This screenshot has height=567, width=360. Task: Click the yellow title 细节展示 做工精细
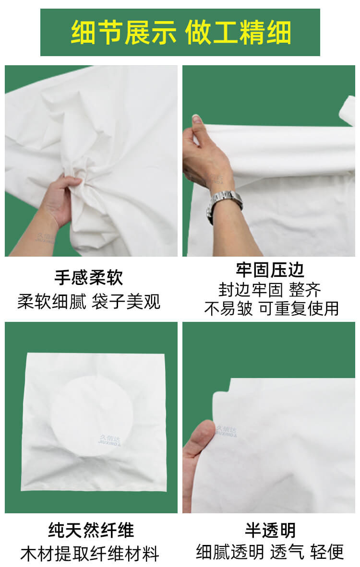[180, 33]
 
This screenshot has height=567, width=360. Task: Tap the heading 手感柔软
[89, 278]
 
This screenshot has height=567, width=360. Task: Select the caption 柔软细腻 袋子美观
[89, 302]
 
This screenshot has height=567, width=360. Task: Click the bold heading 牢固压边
[270, 270]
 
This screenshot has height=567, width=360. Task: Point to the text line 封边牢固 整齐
[270, 290]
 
